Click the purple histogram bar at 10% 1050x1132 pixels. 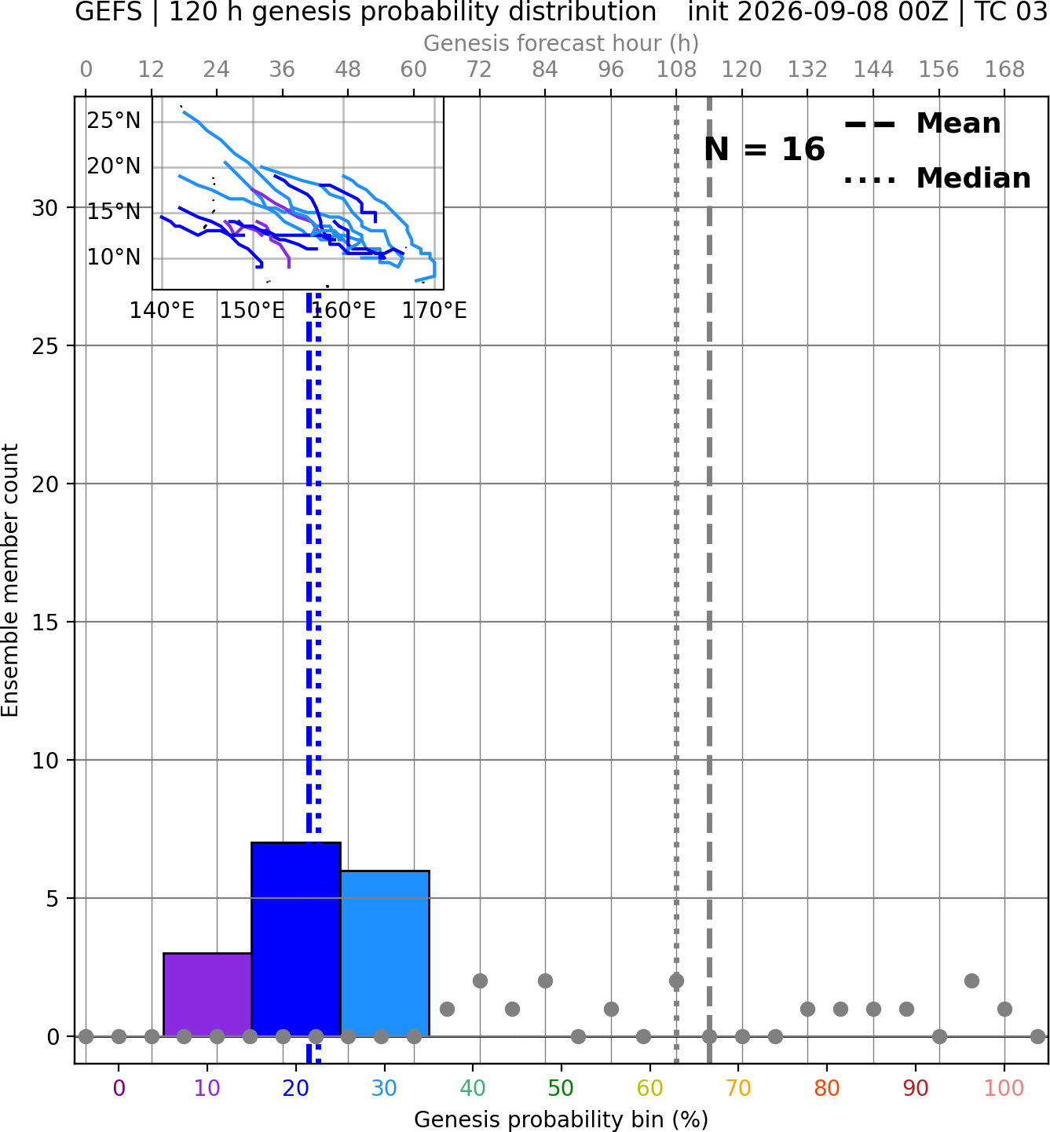[x=207, y=994]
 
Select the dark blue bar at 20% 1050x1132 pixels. [x=296, y=939]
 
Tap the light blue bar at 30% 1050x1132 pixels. [x=384, y=953]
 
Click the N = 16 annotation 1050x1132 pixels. [x=764, y=149]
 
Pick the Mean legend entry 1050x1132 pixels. [x=922, y=124]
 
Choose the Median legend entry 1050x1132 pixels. [x=937, y=178]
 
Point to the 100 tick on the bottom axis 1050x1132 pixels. [x=1004, y=1088]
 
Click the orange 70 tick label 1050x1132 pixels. [x=738, y=1088]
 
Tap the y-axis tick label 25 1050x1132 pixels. [x=46, y=346]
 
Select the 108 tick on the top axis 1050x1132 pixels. [x=676, y=70]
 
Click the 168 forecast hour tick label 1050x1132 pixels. [x=1004, y=70]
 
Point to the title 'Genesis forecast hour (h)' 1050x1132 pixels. [x=562, y=43]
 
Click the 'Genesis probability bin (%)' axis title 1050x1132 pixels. [x=562, y=1119]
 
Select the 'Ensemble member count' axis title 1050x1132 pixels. [x=9, y=580]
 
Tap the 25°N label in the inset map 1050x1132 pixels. [x=114, y=121]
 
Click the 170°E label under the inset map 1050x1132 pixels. [x=434, y=311]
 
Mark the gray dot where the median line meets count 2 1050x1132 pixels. [x=676, y=981]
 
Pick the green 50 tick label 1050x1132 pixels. [x=562, y=1088]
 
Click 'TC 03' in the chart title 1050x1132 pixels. [x=1012, y=12]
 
